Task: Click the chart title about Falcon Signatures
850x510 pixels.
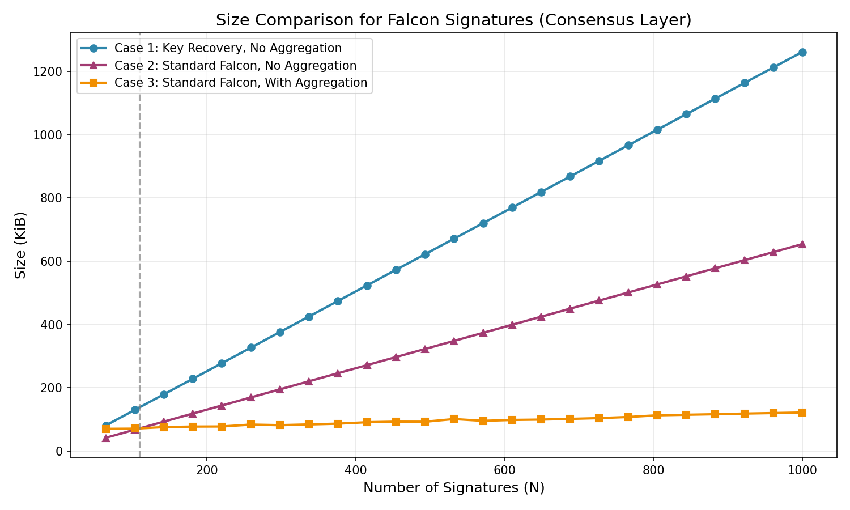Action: click(453, 20)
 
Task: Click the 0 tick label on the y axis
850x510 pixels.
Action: click(59, 452)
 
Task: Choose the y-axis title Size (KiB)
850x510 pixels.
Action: click(21, 245)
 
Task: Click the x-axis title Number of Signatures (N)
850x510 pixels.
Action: click(453, 488)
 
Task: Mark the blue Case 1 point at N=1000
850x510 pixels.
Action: click(802, 52)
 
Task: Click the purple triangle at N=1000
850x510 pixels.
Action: click(802, 244)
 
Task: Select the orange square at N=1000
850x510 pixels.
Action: click(802, 413)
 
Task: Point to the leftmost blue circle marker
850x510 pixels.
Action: click(106, 426)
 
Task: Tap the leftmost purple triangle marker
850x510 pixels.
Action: click(106, 437)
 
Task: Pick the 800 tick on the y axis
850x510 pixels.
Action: click(54, 198)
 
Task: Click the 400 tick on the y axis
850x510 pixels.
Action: click(54, 325)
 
